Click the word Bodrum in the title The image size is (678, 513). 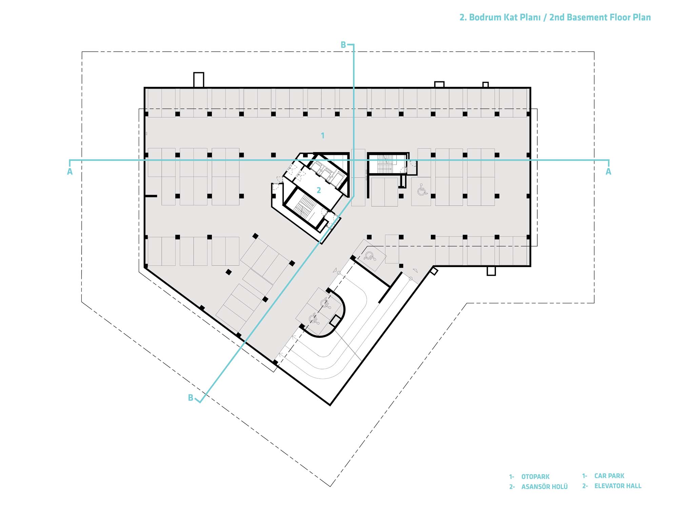[x=485, y=17]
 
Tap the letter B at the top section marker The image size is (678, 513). [x=343, y=45]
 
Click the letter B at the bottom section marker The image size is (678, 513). [x=191, y=398]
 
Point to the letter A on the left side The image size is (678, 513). [x=70, y=172]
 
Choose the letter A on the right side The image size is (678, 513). [x=609, y=172]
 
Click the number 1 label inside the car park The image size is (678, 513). [x=323, y=136]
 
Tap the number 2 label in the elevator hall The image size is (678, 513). [x=319, y=190]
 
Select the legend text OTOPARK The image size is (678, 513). [x=535, y=477]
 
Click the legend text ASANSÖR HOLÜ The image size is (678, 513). [x=544, y=487]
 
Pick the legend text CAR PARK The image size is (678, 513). [x=609, y=476]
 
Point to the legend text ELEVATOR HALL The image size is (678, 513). [x=618, y=486]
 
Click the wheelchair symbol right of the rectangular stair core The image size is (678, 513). [x=422, y=190]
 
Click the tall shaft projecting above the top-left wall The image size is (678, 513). [x=199, y=80]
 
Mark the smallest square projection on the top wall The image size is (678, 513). [x=485, y=85]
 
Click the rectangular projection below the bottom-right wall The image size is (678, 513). [x=491, y=271]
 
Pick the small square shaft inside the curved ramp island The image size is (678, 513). [x=335, y=320]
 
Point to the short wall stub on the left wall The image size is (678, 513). [x=151, y=196]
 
